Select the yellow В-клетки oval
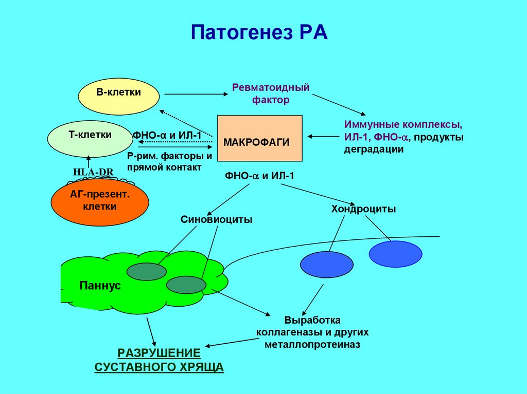coord(118,97)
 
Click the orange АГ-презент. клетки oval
coord(100,201)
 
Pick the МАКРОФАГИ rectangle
coord(260,139)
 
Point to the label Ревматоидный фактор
coord(271,93)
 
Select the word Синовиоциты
coord(216,220)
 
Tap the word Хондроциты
coord(363,209)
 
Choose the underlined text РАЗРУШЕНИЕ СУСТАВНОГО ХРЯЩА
coord(159,360)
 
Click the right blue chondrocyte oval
coord(396,254)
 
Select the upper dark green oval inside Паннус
coord(147,272)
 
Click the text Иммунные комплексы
coord(403,125)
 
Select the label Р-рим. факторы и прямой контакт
coord(169,161)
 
